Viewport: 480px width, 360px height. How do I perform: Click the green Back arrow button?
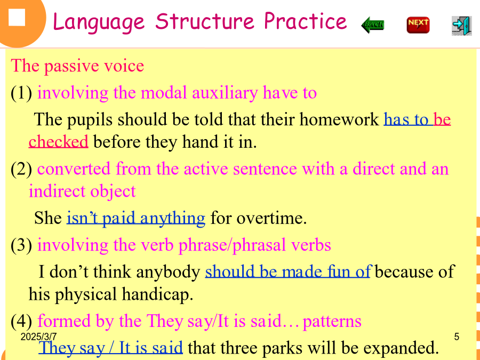[373, 25]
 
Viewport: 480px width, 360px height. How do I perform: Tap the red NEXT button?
[418, 25]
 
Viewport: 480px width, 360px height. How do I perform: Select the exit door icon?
[462, 26]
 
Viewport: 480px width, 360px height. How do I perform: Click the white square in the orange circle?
[17, 18]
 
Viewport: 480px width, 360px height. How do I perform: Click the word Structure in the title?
[205, 21]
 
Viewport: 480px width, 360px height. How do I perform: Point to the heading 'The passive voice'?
[77, 66]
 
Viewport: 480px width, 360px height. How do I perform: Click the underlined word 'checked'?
[59, 141]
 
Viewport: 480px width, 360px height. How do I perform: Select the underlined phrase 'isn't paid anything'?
[136, 218]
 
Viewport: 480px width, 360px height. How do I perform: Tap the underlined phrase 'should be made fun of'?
[289, 271]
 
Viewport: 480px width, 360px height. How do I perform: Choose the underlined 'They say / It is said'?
[110, 348]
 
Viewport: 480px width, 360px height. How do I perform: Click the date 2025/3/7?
[38, 337]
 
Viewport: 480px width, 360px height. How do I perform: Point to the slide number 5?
[457, 337]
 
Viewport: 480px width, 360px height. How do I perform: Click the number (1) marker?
[21, 93]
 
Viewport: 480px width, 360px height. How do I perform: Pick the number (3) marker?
[21, 245]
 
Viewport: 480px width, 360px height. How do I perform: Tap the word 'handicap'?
[157, 294]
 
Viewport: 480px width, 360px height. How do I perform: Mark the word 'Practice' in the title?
[305, 21]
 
